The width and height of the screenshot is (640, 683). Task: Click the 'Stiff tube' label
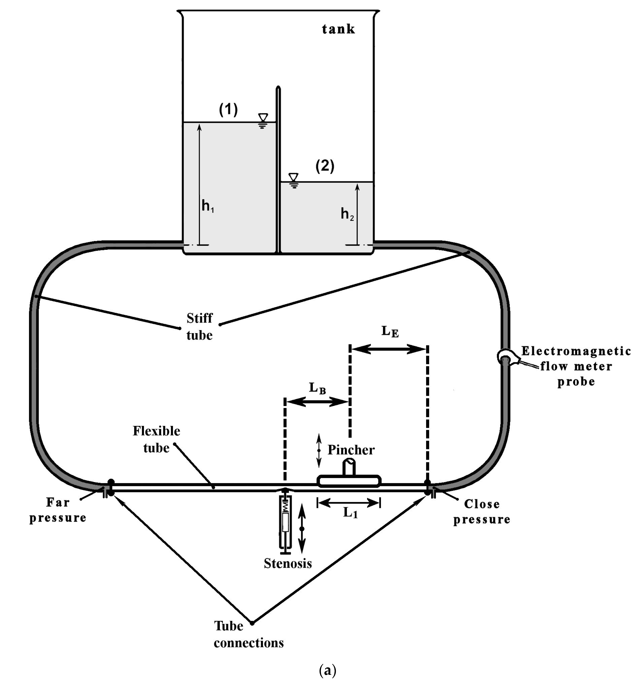tap(200, 326)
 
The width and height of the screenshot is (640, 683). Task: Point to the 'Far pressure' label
tap(58, 510)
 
